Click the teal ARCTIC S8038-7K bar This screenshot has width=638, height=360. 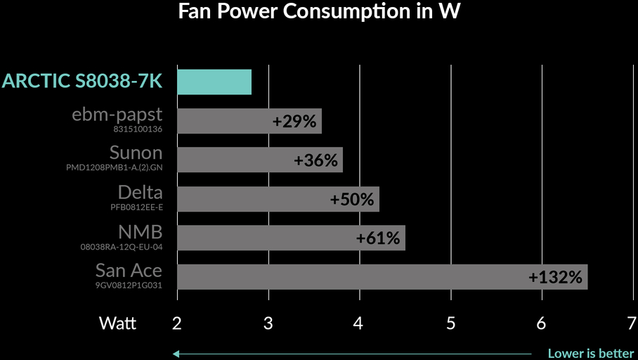click(x=214, y=82)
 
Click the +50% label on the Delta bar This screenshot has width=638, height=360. click(x=352, y=199)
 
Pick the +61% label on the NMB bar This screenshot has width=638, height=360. click(x=378, y=238)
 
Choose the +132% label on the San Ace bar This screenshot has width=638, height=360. click(x=556, y=278)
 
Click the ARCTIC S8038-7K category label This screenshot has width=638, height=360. click(x=82, y=82)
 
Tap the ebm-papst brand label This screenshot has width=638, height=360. click(x=117, y=115)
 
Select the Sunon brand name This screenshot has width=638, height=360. click(x=136, y=153)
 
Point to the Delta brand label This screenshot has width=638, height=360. click(x=140, y=193)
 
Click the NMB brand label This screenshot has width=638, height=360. click(x=140, y=232)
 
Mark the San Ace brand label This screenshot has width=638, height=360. click(x=129, y=271)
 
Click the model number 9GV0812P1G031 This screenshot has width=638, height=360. click(x=129, y=285)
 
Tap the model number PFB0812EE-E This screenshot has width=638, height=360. click(x=136, y=207)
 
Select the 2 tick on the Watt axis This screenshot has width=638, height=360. click(x=177, y=323)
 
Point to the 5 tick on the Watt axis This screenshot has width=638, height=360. click(x=450, y=323)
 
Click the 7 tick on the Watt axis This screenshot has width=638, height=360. click(x=632, y=323)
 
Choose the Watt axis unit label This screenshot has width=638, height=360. click(x=118, y=323)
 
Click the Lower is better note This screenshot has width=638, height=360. click(x=591, y=354)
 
